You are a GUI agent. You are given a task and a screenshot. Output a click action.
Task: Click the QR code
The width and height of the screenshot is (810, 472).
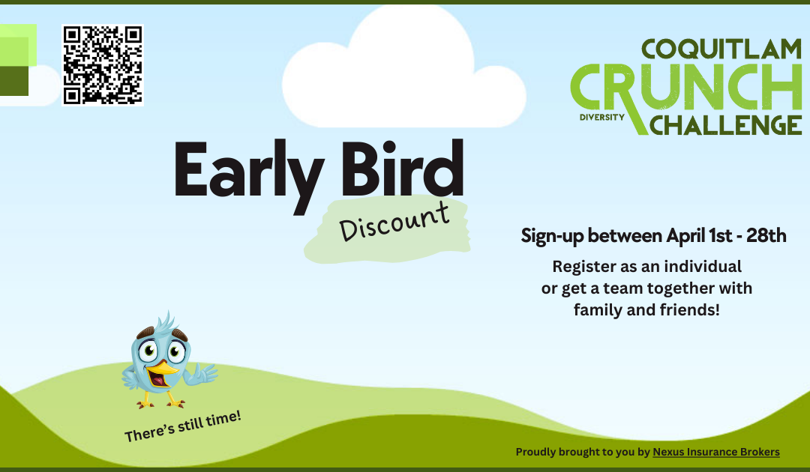102,65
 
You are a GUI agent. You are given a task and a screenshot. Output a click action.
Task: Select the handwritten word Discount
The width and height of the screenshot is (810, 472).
394,221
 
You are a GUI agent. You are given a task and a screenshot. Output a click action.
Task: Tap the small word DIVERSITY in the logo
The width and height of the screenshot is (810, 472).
601,118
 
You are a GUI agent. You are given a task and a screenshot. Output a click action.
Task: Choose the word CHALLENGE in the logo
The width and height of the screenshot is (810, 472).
726,124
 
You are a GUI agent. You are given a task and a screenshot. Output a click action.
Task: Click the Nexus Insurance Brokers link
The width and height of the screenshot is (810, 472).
715,452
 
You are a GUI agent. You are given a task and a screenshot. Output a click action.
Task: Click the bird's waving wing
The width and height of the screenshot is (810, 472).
202,373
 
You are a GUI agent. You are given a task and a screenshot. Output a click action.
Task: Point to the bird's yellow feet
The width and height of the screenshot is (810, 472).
158,403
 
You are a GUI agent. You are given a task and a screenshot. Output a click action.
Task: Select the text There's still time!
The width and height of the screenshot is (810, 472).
183,426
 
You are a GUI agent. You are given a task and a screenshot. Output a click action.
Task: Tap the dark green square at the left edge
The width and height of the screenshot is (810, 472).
13,81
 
